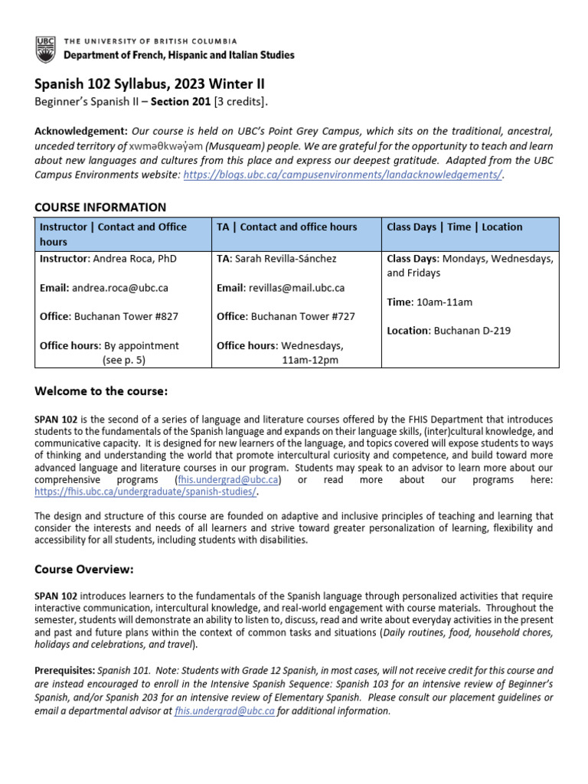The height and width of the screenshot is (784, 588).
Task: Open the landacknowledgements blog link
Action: tap(341, 174)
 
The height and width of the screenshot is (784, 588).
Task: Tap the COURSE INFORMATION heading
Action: tap(100, 207)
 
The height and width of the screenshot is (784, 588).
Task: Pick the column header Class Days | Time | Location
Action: tap(454, 227)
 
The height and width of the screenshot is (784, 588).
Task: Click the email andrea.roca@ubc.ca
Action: tap(119, 288)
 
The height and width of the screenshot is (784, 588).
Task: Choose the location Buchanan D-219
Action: tap(470, 331)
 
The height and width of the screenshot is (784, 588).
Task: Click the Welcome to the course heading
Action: tap(100, 392)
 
